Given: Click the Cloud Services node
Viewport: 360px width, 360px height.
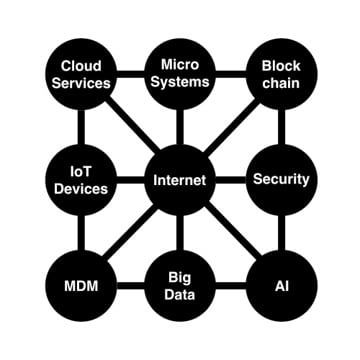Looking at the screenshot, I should click(79, 74).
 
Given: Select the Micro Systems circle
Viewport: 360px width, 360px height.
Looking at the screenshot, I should click(180, 74).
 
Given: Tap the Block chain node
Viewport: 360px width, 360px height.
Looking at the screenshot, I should click(280, 74).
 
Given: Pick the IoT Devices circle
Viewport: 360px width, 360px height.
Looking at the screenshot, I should click(79, 180).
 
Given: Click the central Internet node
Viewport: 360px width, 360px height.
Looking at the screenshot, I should click(180, 181).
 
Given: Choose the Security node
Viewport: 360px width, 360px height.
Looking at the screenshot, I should click(280, 180).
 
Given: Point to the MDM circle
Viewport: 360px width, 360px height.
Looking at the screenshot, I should click(79, 287).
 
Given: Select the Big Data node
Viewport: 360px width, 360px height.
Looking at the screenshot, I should click(180, 287).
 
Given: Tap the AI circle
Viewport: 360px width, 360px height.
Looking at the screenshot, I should click(280, 287).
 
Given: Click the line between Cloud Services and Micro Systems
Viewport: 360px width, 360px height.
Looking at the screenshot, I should click(129, 74).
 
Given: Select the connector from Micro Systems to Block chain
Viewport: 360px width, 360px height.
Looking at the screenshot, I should click(230, 74).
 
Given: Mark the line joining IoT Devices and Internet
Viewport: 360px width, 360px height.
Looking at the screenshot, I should click(129, 181).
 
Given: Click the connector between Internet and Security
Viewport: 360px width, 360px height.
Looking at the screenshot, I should click(230, 181).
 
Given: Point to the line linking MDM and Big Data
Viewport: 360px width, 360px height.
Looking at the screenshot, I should click(129, 287).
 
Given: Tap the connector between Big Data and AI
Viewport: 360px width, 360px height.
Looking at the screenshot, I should click(230, 287).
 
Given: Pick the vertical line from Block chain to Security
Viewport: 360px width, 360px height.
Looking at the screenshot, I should click(280, 127).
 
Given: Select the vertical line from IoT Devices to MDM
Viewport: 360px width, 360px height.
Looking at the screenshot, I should click(79, 234).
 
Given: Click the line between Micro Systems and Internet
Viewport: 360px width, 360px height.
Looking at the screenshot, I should click(180, 127).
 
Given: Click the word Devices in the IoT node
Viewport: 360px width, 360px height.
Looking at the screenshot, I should click(79, 189).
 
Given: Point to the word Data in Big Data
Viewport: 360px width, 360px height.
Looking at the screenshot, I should click(180, 296).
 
